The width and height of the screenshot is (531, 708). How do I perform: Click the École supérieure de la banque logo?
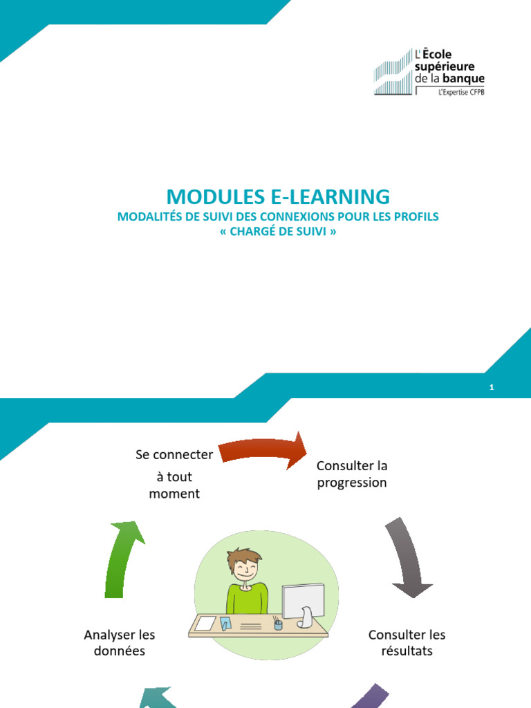[429, 71]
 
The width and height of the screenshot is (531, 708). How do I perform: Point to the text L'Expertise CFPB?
[461, 92]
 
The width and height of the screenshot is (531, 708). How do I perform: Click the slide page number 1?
[492, 388]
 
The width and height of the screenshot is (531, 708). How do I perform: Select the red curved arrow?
[263, 451]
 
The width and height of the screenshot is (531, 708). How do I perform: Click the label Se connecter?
[174, 454]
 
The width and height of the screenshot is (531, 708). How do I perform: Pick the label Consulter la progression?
[352, 474]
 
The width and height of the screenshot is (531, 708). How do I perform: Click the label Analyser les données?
[120, 642]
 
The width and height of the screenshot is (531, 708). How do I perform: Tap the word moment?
[174, 494]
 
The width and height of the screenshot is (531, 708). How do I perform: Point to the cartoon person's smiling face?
[244, 570]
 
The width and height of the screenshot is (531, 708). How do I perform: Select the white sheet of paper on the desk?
[205, 623]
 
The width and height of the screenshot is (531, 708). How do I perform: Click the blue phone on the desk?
[225, 623]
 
